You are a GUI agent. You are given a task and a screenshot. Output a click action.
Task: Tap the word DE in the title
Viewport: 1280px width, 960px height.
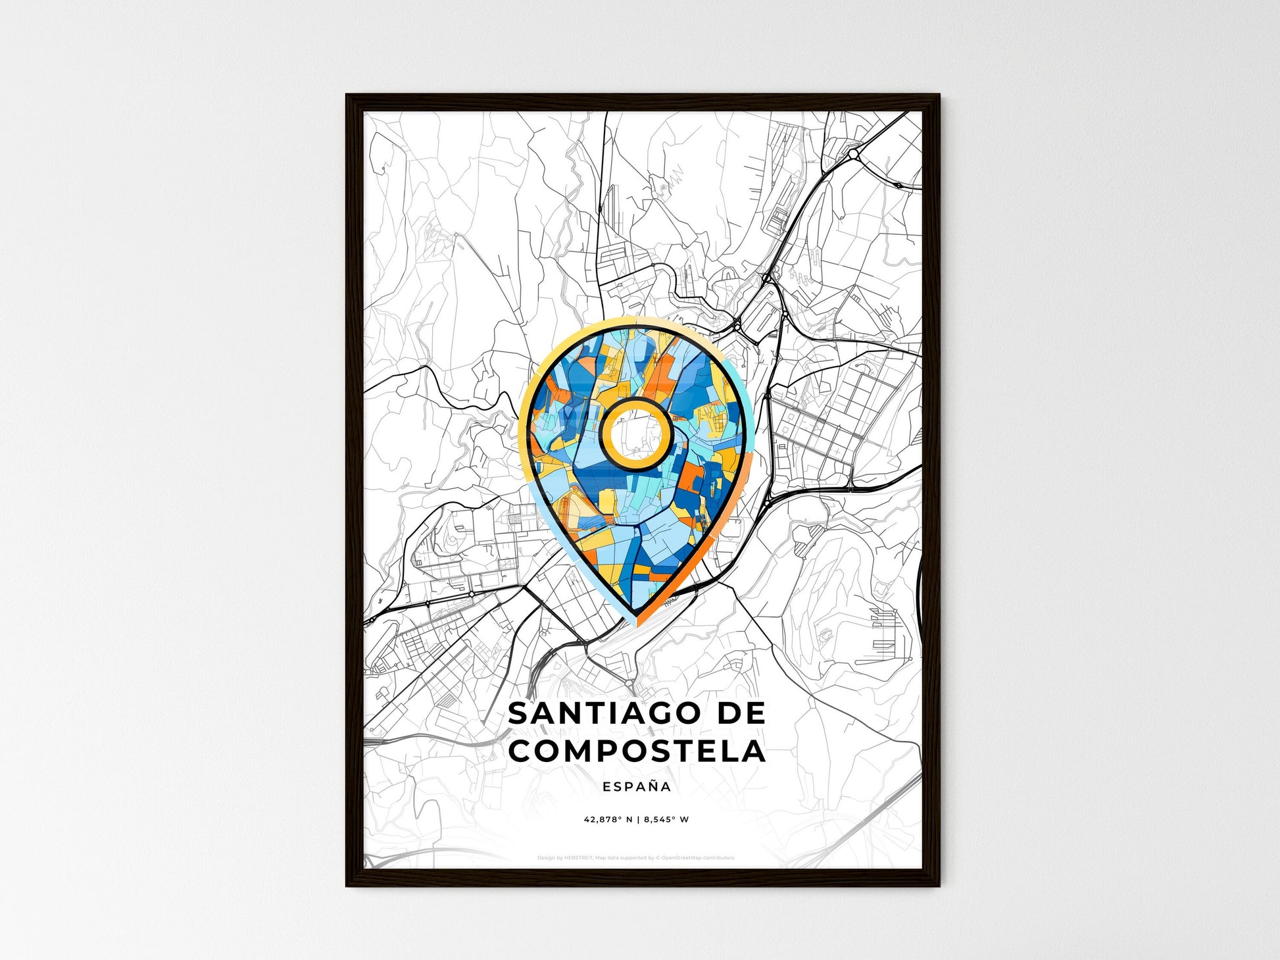(741, 713)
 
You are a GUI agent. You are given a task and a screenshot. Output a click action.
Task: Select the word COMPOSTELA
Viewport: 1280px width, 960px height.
(637, 751)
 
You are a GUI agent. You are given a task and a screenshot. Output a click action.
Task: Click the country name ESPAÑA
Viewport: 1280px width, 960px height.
(637, 786)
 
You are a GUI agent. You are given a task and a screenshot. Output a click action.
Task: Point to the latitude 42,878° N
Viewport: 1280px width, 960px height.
(608, 820)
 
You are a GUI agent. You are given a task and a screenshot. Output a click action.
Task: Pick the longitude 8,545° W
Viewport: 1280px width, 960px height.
(666, 820)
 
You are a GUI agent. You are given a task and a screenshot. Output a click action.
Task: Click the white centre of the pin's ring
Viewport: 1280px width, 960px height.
(636, 434)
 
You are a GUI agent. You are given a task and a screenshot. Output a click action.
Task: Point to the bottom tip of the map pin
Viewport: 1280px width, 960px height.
(635, 620)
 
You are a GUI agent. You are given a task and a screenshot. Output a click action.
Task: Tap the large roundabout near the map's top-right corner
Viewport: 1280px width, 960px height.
(853, 154)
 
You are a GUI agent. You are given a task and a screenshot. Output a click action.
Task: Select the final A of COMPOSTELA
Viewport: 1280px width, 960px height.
(753, 751)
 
